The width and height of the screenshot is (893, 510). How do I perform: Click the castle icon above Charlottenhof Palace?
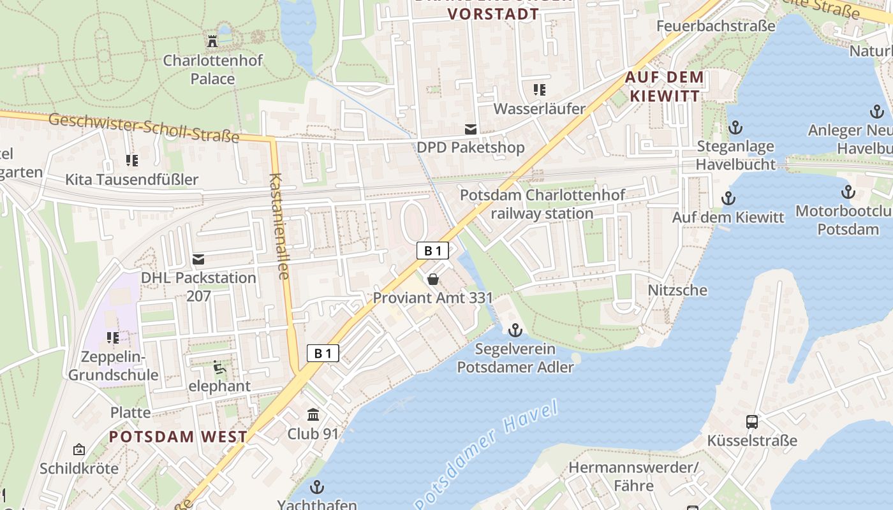tap(212, 42)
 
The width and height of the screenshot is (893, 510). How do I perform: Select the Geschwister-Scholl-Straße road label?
tap(144, 127)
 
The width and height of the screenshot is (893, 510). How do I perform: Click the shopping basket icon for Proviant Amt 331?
tap(433, 279)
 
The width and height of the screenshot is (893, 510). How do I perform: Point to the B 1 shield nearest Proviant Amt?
tap(433, 251)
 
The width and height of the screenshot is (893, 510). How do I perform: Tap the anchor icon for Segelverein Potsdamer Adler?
tap(515, 330)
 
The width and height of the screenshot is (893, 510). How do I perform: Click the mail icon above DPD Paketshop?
tap(471, 129)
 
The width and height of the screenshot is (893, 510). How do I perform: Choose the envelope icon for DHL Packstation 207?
tap(198, 259)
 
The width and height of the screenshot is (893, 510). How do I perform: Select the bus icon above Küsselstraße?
tap(752, 422)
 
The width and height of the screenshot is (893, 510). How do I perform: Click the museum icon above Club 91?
tap(313, 415)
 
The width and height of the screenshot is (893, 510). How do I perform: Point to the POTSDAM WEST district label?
tap(178, 437)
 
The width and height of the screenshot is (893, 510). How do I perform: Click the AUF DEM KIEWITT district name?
tap(665, 87)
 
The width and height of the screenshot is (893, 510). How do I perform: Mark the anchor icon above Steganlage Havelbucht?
tap(735, 127)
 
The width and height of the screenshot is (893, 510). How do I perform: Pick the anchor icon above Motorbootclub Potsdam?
tap(848, 192)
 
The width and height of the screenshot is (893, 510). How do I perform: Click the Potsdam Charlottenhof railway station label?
tap(543, 204)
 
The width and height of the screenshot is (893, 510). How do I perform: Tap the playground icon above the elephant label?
tap(218, 367)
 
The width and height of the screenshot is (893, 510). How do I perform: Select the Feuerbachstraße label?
tap(716, 26)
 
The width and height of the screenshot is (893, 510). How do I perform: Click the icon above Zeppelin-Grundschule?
tap(113, 337)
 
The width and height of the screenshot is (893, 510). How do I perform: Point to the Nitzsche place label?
tap(677, 290)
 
